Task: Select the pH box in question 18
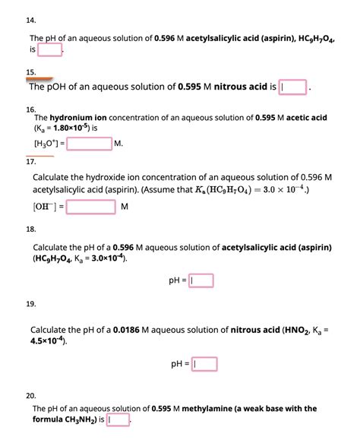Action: (202, 280)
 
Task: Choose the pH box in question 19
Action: (202, 362)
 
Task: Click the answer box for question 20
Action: (119, 419)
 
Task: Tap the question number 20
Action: (31, 395)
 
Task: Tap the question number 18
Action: (31, 228)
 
